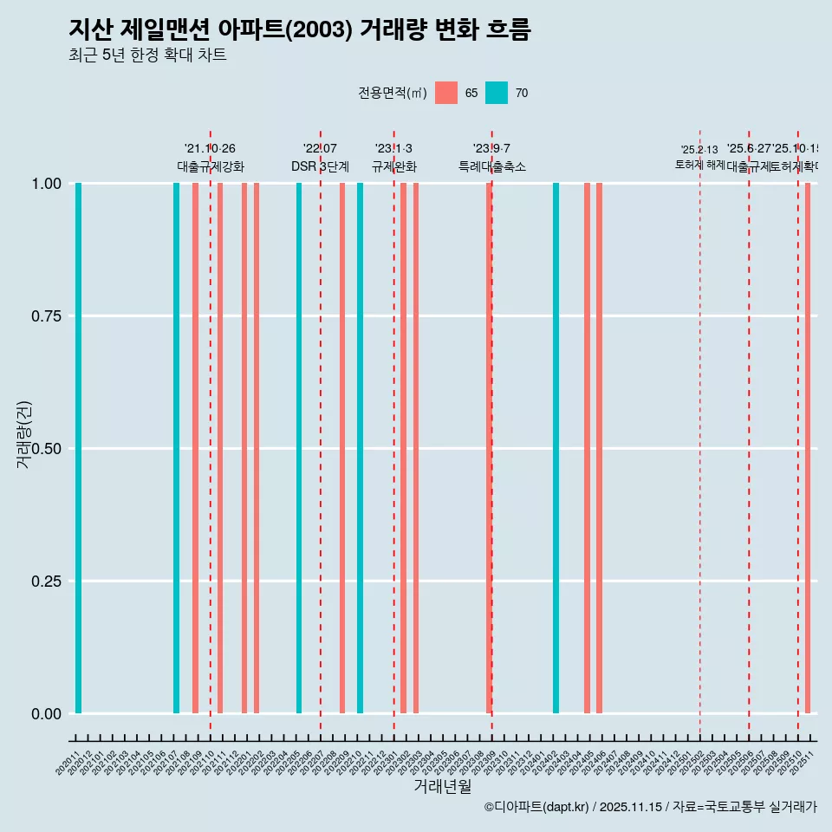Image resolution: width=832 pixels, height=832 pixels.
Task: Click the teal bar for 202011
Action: [78, 448]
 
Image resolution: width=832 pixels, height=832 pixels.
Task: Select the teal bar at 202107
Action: [176, 448]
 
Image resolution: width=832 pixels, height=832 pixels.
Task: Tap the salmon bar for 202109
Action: [195, 448]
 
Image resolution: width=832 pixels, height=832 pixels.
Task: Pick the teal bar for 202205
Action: [299, 448]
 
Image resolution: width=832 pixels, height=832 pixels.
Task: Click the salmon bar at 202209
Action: [342, 448]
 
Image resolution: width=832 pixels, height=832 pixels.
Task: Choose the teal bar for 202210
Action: [360, 448]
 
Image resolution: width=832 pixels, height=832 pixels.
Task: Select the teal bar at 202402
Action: [556, 448]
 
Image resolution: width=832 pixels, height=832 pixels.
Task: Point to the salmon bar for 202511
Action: [808, 448]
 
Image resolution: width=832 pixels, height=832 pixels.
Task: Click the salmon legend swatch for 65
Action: [446, 93]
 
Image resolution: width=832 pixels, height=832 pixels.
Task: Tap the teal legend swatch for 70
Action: [497, 93]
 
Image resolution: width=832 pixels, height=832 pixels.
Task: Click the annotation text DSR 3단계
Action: [320, 166]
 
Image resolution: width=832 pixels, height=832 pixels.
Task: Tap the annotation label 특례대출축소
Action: [492, 166]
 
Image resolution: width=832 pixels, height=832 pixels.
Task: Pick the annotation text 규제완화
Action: [394, 166]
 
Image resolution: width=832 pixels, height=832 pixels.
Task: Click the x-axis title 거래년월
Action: [442, 786]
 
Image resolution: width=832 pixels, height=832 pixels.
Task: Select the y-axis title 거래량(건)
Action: [24, 433]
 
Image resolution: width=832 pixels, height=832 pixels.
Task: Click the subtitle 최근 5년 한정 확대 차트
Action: [147, 55]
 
